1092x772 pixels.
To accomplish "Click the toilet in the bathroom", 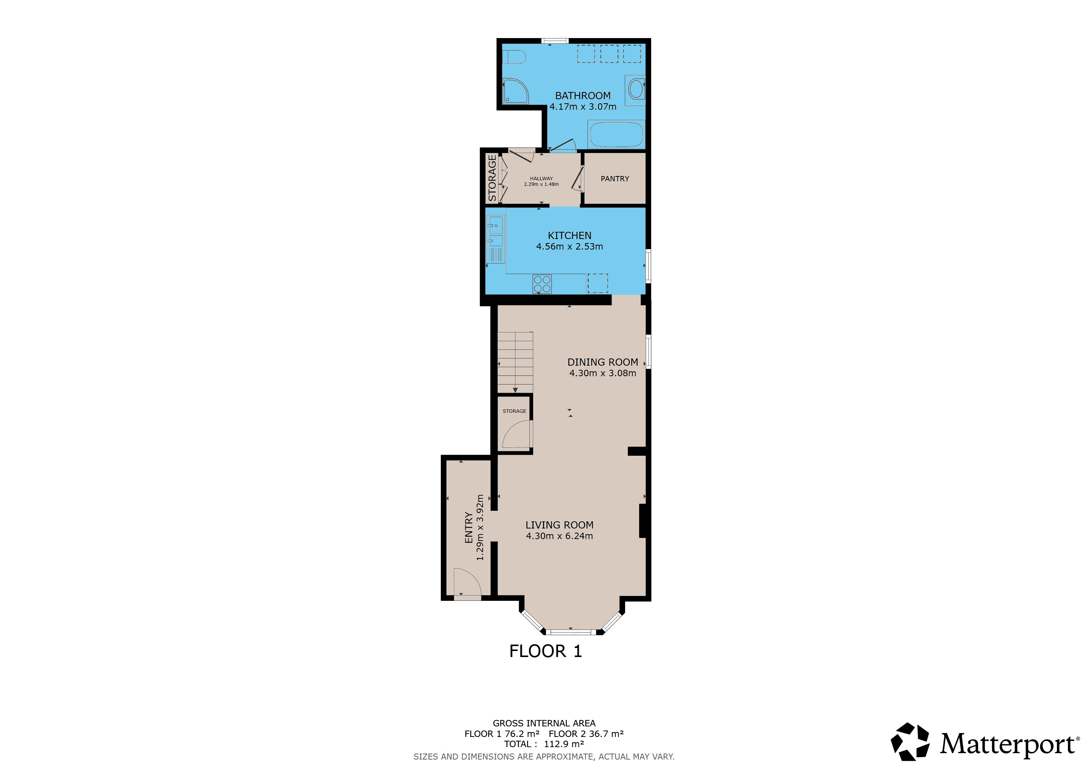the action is [514, 57].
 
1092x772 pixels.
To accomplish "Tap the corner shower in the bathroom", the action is [515, 91].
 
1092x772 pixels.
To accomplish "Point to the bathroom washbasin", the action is [635, 89].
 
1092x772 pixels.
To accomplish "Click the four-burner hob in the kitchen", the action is [542, 284].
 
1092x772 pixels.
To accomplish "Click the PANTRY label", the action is [615, 179].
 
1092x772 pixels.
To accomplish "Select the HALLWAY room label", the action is [541, 179].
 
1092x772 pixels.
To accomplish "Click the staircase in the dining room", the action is [515, 362].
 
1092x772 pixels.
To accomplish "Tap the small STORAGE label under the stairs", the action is [515, 411].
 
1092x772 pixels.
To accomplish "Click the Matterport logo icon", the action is [910, 741].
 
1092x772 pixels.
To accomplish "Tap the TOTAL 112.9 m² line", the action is [544, 744].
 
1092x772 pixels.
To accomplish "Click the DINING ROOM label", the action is [603, 362].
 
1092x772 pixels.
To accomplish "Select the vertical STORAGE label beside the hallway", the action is [492, 178].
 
